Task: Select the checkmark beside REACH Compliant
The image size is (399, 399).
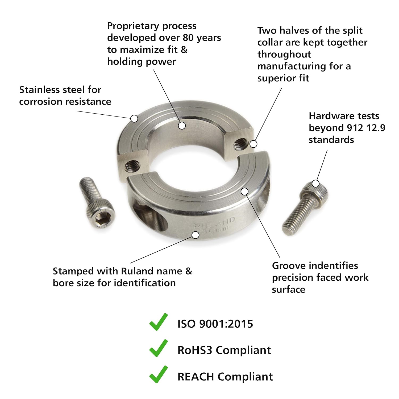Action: (x=159, y=374)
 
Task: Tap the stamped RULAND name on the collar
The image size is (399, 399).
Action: (x=215, y=222)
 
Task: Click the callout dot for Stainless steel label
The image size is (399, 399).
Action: (x=134, y=118)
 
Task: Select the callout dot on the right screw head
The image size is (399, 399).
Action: (x=315, y=184)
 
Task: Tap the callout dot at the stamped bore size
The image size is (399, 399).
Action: (x=196, y=235)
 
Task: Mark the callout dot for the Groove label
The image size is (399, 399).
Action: (x=245, y=191)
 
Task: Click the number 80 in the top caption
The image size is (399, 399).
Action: (x=188, y=38)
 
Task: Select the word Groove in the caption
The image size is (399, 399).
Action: (x=289, y=265)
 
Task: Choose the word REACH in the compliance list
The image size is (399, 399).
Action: (x=196, y=377)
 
